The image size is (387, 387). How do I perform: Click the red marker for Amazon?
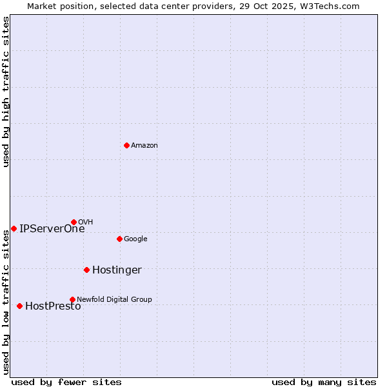coord(126,145)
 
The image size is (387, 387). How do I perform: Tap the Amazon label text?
coord(144,146)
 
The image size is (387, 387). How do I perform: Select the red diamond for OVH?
coord(74,222)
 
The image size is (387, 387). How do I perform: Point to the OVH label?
coord(85,223)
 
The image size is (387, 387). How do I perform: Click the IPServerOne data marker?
coord(14,228)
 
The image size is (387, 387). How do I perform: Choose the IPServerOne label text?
coord(52,228)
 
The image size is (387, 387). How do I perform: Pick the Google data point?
coord(119,239)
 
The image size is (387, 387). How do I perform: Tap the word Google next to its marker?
coord(135,239)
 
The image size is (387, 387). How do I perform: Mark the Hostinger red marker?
coord(86,270)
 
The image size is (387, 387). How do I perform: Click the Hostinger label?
coord(117,270)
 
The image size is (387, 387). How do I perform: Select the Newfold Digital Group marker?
coord(72,299)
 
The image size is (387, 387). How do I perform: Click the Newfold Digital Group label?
coord(114,299)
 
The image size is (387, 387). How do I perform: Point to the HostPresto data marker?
coord(19,306)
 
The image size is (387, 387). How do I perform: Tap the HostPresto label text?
coord(53,306)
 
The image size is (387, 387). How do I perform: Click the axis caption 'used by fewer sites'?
coord(66,382)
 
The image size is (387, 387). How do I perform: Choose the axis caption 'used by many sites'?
coord(324,382)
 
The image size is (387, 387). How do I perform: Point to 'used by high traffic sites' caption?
coord(6,92)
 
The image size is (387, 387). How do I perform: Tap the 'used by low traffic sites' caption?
coord(6,302)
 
